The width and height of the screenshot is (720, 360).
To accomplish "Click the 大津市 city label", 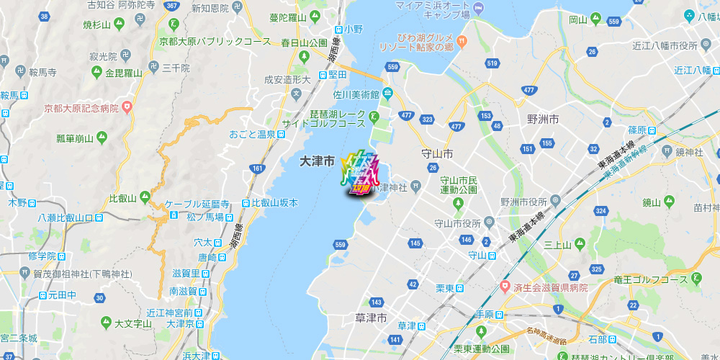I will pos(317,163).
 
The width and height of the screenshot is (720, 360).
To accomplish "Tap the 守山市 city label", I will pos(437,154).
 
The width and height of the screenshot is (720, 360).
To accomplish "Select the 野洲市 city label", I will pos(542,119).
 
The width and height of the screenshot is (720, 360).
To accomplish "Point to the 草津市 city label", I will pos(372,318).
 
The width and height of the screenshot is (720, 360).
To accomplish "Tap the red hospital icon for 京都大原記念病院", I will pos(127,108).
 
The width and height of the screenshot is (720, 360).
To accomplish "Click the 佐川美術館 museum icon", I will pos(387,92).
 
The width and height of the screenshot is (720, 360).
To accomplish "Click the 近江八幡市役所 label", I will pos(665,45).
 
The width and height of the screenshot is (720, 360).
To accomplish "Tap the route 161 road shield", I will pos(258,168).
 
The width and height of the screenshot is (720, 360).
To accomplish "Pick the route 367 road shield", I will pos(171,6).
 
